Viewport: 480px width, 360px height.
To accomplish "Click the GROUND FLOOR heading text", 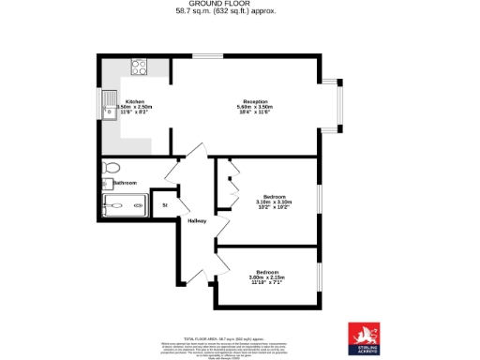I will pos(239,4).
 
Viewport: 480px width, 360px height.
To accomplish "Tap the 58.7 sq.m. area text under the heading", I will pos(239,11).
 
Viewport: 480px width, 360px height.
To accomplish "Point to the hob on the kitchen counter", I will pos(140,67).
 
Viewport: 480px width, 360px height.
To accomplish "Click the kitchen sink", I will pos(110,103).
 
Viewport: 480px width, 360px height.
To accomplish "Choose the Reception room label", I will pos(256,100).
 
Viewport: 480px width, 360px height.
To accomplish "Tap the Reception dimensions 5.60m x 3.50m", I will pos(256,107).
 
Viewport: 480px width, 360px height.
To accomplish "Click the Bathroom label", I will pos(125,183).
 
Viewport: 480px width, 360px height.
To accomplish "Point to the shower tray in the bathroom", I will pos(124,203).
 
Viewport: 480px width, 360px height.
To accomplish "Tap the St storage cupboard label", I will pos(164,203).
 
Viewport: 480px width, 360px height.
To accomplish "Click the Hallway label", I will pos(196,221).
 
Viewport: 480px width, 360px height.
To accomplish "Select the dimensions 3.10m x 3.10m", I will pos(273,202).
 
